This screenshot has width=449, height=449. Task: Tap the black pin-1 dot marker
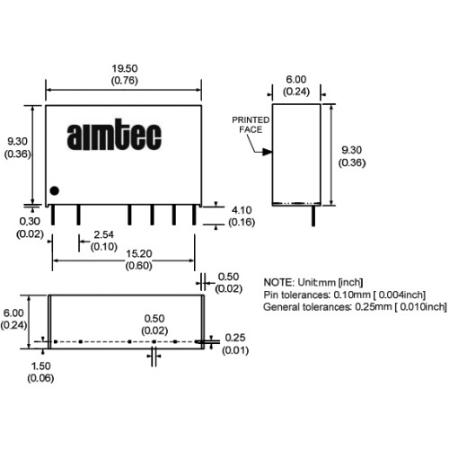(x=54, y=190)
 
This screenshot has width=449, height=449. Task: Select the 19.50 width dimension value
(x=125, y=68)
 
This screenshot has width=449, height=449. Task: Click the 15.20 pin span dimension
(x=139, y=254)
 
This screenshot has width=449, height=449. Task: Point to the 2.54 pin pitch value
(x=103, y=234)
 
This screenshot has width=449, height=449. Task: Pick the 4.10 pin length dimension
(x=242, y=210)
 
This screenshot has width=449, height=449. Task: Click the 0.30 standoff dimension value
(x=30, y=222)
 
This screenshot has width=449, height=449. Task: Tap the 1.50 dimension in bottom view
(x=40, y=365)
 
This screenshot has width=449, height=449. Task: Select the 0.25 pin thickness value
(x=235, y=338)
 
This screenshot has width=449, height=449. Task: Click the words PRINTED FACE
(x=251, y=125)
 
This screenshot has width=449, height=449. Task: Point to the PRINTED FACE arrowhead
(x=268, y=152)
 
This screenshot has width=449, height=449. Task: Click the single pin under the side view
(x=313, y=216)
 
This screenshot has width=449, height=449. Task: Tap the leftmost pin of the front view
(x=53, y=215)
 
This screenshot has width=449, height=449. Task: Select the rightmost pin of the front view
(x=194, y=215)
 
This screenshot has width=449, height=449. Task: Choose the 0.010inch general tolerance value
(x=423, y=307)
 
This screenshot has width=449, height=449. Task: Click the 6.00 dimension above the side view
(x=296, y=80)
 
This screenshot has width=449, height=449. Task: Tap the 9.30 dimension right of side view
(x=352, y=150)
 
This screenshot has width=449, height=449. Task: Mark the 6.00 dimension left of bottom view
(x=13, y=313)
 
